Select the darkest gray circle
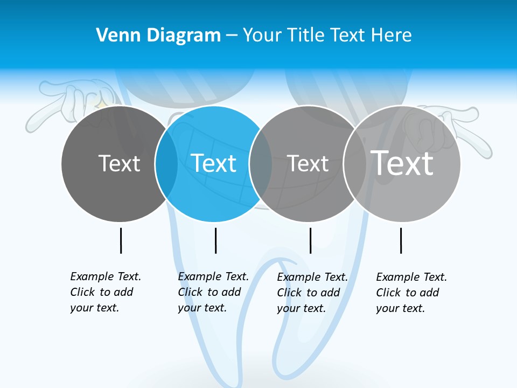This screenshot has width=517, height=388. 108,189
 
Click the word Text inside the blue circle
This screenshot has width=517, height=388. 214,163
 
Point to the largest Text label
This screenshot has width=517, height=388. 402,163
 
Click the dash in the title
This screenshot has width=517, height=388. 232,36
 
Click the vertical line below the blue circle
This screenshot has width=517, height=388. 215,240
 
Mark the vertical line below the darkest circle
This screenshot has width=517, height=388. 121,240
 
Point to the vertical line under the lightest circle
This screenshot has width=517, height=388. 401,240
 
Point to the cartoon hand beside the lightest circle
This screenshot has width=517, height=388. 452,127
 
